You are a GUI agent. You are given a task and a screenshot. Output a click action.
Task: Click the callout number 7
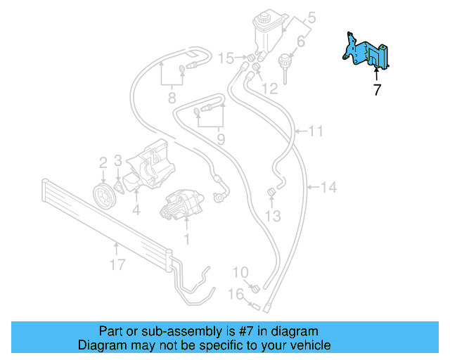(x=377, y=90)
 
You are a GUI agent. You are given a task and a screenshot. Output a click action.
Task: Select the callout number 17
(x=117, y=264)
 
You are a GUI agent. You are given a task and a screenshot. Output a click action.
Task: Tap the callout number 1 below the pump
(x=187, y=238)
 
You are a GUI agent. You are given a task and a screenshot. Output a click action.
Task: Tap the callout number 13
(x=274, y=216)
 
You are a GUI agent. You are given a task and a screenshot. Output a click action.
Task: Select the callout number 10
(x=240, y=272)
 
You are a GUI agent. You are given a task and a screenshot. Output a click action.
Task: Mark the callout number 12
(x=270, y=89)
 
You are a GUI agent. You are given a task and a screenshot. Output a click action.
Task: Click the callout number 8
(x=172, y=98)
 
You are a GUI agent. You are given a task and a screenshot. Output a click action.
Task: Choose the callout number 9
(x=220, y=139)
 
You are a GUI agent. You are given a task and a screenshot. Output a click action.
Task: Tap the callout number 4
(x=136, y=209)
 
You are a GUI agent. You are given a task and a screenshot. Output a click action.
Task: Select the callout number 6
(x=300, y=43)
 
